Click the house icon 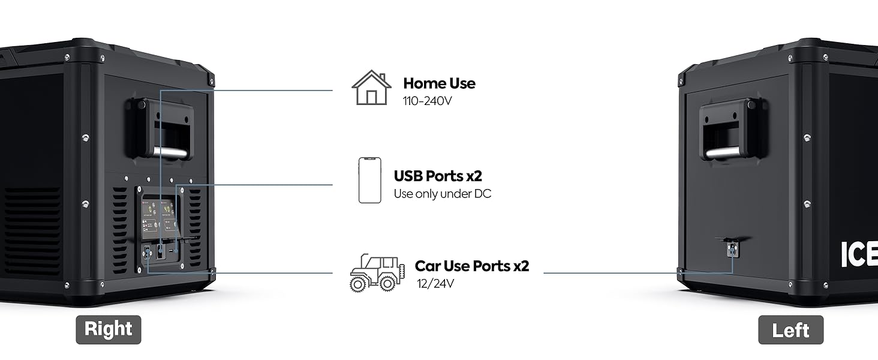pos(371,88)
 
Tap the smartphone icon pos(369,180)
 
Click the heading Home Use pos(439,83)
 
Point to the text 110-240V pos(427,101)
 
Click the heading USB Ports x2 pos(438,176)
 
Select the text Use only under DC pos(442,194)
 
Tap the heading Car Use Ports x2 pos(472,266)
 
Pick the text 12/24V pos(435,283)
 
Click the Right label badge pos(108,329)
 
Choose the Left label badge pos(790,330)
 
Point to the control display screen pos(159,217)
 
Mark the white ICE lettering pos(858,254)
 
